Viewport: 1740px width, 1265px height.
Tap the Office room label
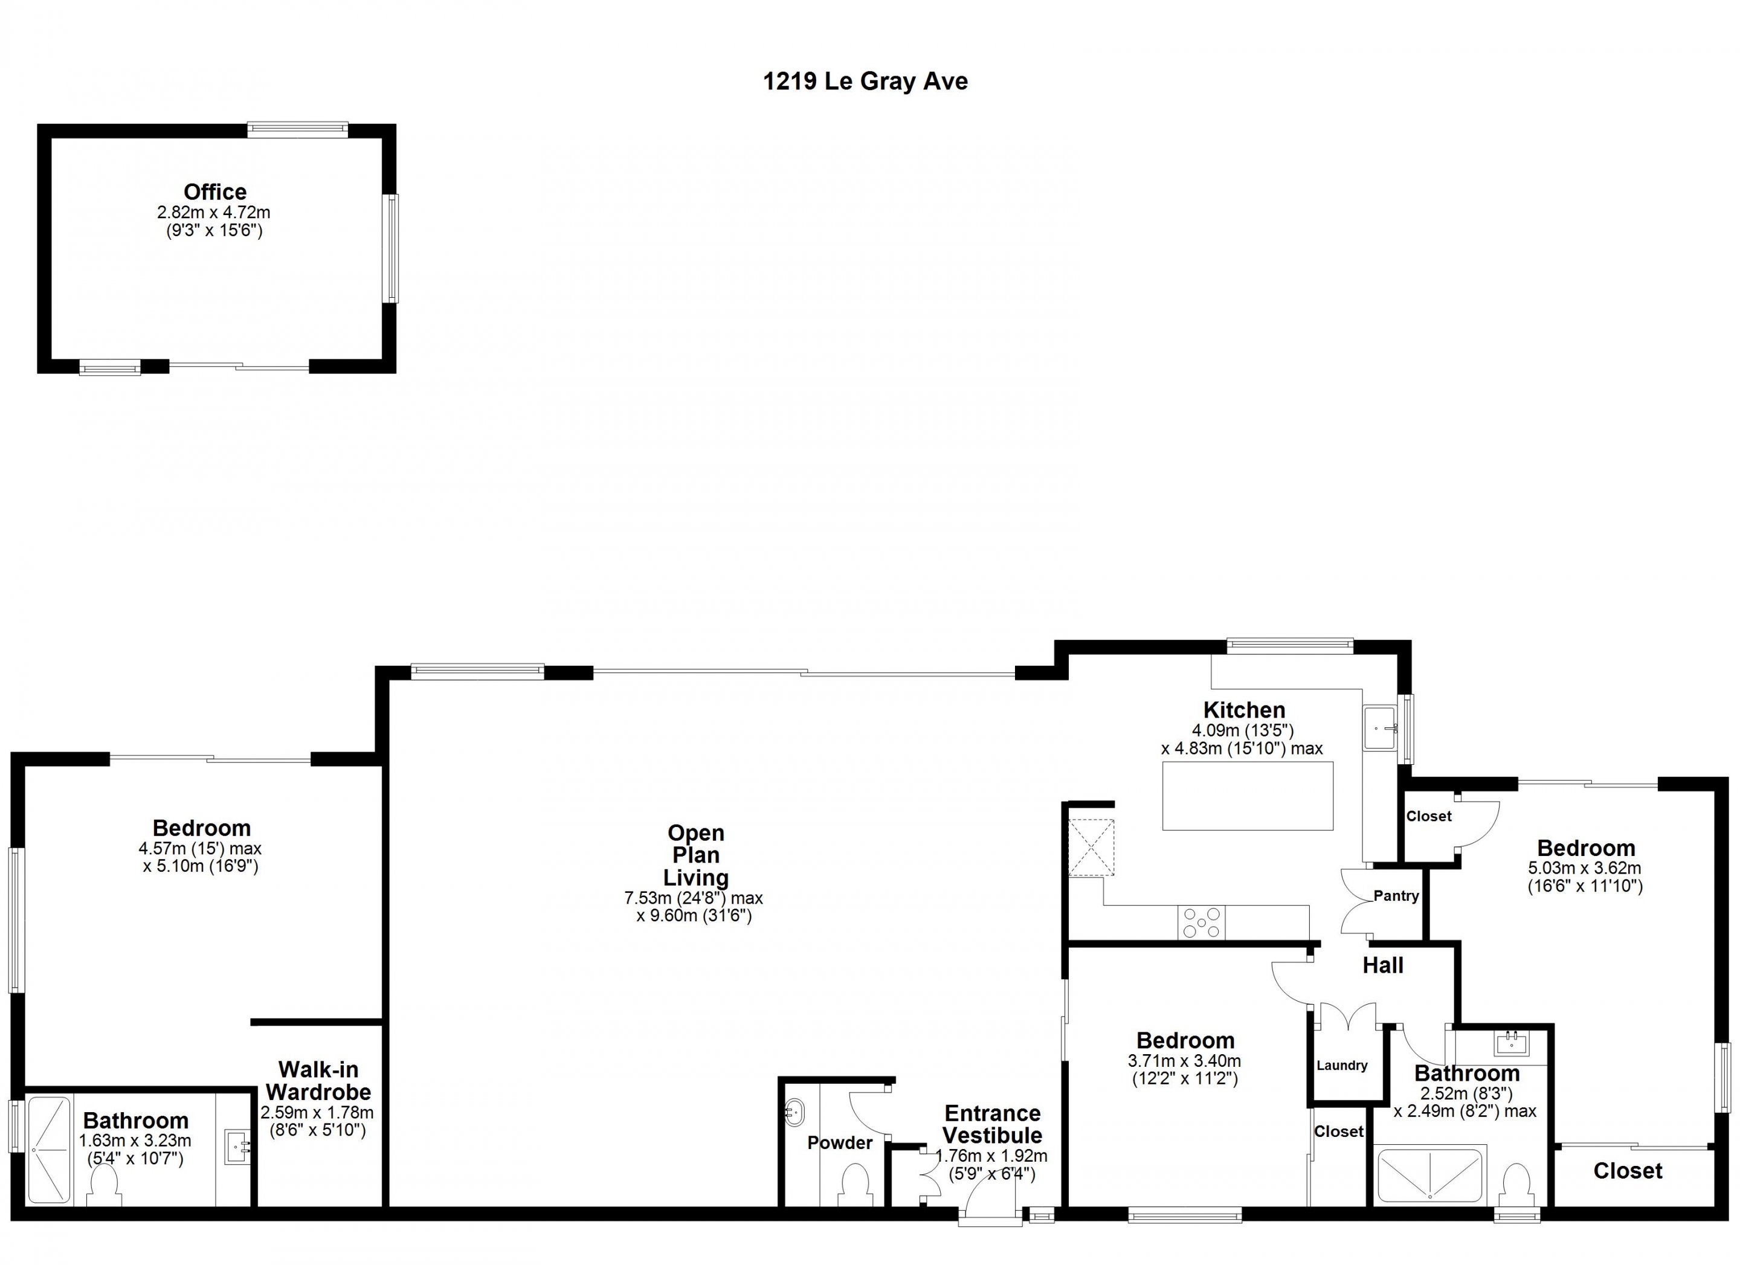click(x=215, y=191)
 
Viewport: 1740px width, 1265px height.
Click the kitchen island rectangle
click(x=1248, y=796)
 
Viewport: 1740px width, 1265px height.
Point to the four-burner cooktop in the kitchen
click(x=1202, y=922)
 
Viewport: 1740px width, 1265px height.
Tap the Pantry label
click(x=1396, y=896)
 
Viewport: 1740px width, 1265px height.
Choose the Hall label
click(x=1384, y=965)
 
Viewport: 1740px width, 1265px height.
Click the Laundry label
click(x=1342, y=1066)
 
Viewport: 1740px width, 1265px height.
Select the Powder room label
click(x=839, y=1143)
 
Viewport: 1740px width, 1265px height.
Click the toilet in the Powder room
click(x=854, y=1185)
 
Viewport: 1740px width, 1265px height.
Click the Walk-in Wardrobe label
click(x=318, y=1080)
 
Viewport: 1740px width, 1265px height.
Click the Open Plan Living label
click(x=696, y=855)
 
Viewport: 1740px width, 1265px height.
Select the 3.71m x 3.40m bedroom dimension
click(x=1185, y=1061)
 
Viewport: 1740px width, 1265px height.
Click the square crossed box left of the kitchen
click(x=1091, y=848)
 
